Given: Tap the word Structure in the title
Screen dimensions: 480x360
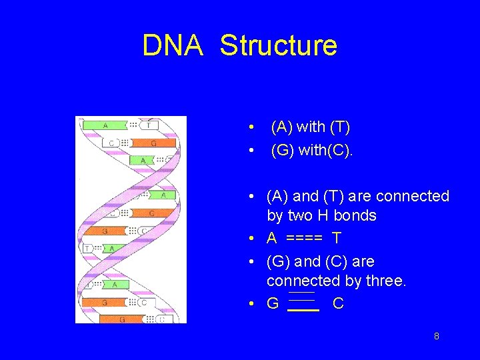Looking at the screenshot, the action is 279,45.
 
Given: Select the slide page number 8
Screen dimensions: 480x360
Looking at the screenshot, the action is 436,336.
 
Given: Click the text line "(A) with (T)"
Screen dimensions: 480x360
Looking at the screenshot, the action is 310,127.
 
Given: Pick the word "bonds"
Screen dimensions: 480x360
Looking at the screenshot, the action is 355,215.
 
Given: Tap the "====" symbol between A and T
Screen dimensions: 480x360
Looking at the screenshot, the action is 305,238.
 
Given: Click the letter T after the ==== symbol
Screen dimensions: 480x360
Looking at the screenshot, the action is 337,238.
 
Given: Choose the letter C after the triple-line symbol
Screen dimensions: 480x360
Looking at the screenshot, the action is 338,303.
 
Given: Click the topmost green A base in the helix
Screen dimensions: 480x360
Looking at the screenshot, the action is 105,125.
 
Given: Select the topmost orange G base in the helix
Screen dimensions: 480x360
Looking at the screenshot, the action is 153,143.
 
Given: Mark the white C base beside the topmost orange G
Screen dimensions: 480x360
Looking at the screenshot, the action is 111,143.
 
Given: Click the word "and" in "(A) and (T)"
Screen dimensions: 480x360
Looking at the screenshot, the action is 306,196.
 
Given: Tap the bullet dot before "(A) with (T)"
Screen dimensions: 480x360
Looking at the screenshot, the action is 249,127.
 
